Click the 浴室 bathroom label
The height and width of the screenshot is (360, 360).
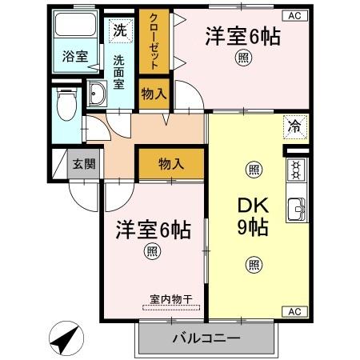[75, 56]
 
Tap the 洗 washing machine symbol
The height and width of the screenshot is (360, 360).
[119, 31]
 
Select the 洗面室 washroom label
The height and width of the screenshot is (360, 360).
[118, 72]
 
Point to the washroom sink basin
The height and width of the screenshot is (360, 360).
[97, 93]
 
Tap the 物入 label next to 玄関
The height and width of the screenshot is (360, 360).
[170, 164]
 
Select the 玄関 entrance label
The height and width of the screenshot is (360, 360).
[83, 165]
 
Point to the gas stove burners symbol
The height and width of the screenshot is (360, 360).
[296, 171]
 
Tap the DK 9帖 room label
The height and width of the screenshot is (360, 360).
[253, 214]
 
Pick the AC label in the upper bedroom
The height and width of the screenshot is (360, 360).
[294, 15]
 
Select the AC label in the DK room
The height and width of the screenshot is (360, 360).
[294, 311]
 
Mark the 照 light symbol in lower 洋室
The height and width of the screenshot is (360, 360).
[151, 252]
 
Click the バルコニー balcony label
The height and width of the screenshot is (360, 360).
[206, 338]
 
